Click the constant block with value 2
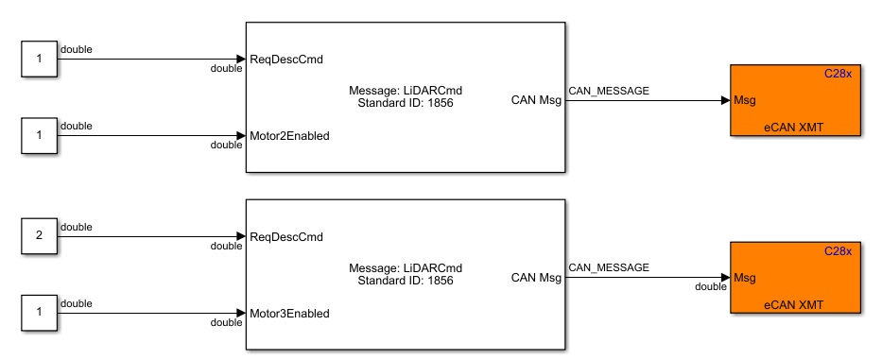39,236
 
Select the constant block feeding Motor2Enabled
39,135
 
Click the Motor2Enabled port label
289,135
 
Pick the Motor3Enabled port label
289,313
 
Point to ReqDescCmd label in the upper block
285,60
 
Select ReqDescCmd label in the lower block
285,236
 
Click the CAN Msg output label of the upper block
536,98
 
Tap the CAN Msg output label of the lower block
536,277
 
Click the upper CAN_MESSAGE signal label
608,90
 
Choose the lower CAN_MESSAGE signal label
608,267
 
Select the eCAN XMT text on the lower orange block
794,303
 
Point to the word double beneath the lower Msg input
711,286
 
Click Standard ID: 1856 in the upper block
406,102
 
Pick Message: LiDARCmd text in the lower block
406,267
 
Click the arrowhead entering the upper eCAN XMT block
725,99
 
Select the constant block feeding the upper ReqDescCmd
39,60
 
